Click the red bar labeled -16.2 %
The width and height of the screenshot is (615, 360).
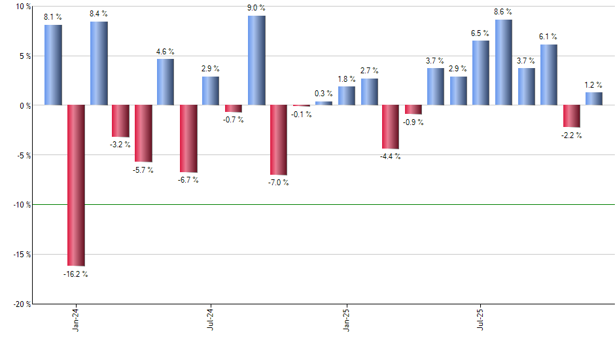[76, 185]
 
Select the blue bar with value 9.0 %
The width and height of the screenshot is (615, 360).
[256, 60]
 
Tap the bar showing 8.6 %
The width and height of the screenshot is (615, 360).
[503, 62]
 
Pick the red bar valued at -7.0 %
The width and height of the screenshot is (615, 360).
[279, 140]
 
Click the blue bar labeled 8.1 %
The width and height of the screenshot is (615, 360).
[53, 65]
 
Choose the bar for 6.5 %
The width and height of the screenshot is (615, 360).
[481, 73]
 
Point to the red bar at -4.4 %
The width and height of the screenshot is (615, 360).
[391, 127]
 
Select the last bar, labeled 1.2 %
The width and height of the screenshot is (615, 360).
[593, 99]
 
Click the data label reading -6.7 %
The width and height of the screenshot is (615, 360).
[188, 180]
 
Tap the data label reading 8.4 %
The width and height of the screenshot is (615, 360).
[99, 13]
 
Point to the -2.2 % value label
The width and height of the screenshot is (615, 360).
[571, 135]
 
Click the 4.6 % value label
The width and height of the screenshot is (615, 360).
[166, 51]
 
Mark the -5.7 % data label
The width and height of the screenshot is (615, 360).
[143, 170]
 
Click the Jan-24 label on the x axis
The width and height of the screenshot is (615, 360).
[76, 319]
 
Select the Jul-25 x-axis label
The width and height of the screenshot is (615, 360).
[481, 319]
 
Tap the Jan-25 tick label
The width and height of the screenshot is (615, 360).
[346, 319]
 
